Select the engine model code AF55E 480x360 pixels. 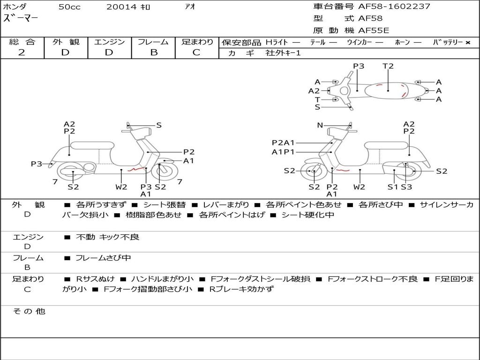click(374, 30)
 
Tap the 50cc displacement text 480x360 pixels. click(69, 7)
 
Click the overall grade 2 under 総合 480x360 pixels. click(22, 52)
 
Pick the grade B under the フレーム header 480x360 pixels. click(153, 52)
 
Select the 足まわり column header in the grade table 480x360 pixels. click(197, 42)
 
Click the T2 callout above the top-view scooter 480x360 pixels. click(388, 66)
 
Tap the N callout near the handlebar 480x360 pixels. click(320, 125)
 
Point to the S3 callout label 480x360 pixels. click(406, 187)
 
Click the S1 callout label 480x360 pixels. click(393, 187)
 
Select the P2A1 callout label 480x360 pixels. click(284, 143)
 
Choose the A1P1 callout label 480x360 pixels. click(283, 152)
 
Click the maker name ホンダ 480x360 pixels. click(15, 7)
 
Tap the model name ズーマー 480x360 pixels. click(21, 19)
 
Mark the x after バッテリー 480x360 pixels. click(467, 43)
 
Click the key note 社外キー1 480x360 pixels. click(283, 53)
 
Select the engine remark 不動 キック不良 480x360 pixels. click(107, 237)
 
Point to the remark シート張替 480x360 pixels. click(164, 205)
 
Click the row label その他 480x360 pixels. click(29, 311)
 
